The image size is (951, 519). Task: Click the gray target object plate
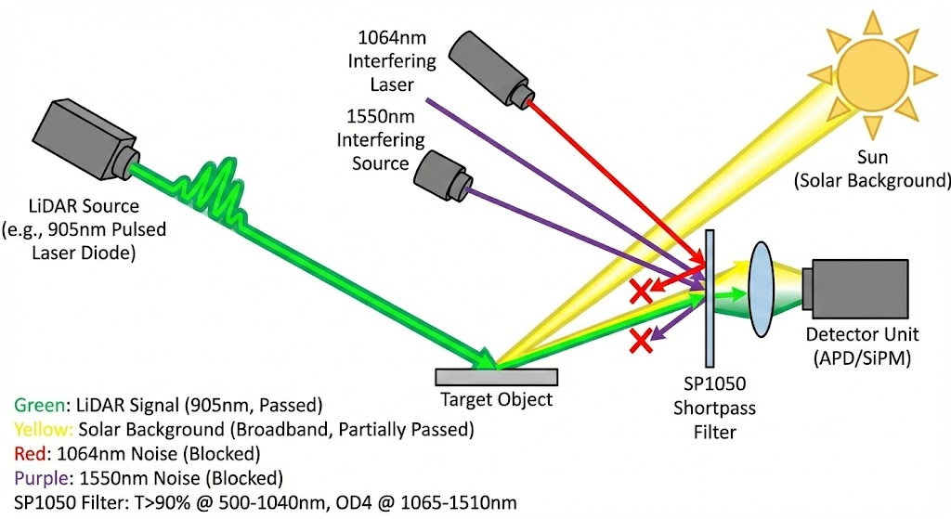[x=497, y=376]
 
